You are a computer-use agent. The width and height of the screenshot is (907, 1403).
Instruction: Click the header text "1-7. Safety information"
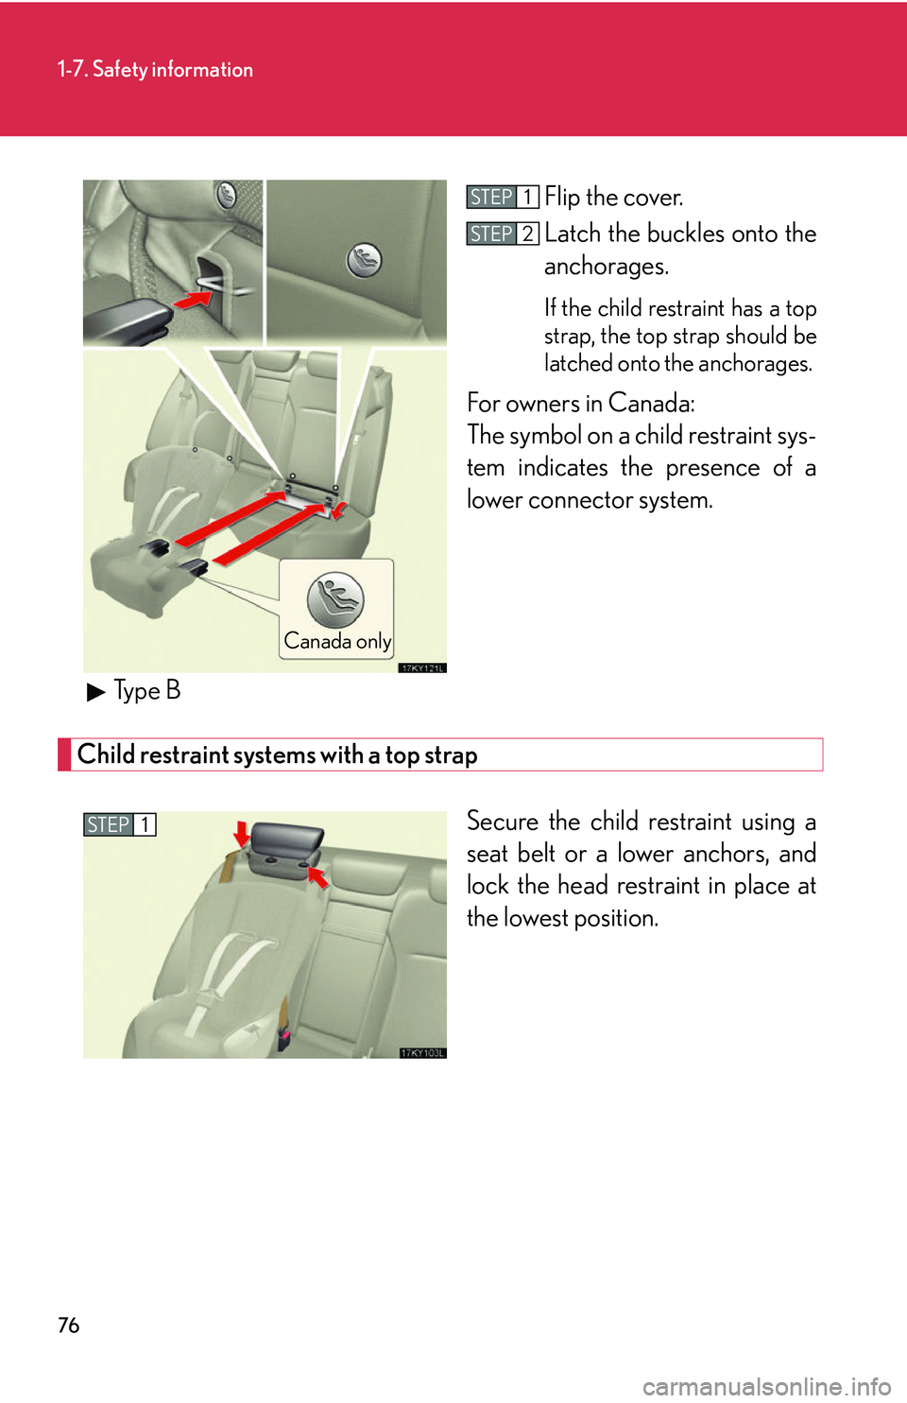click(155, 69)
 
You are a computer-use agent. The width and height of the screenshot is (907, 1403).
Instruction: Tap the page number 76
click(68, 1325)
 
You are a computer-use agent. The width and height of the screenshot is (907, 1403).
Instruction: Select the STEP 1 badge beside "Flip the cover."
click(502, 197)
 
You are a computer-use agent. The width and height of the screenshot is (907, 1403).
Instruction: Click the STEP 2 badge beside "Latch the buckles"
click(502, 234)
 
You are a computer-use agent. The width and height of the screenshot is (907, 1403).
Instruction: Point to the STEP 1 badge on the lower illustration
click(119, 824)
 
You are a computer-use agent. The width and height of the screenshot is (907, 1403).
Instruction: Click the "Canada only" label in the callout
click(337, 641)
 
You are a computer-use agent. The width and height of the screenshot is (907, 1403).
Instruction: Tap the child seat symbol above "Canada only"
click(335, 599)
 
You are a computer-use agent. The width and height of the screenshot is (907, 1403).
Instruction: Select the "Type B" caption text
click(146, 691)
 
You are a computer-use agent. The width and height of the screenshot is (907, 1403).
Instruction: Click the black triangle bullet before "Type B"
click(95, 692)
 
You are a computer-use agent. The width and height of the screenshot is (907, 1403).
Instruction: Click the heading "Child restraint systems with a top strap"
click(277, 754)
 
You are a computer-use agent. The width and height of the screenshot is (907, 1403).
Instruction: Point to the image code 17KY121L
click(421, 667)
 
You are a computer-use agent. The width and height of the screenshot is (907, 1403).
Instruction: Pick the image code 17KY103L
click(421, 1052)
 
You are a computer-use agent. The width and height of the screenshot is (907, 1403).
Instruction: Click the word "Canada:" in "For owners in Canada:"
click(651, 404)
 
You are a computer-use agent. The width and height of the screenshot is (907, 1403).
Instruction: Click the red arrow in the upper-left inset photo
click(193, 300)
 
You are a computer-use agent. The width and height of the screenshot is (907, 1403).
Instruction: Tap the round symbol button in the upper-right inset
click(364, 260)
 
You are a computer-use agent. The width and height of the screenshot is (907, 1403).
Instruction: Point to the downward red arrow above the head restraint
click(242, 833)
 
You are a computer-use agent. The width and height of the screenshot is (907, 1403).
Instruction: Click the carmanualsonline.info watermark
click(766, 1386)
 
